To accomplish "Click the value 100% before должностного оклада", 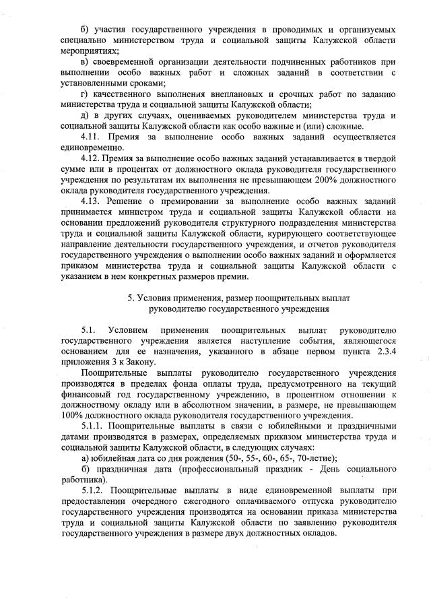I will point(72,415).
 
